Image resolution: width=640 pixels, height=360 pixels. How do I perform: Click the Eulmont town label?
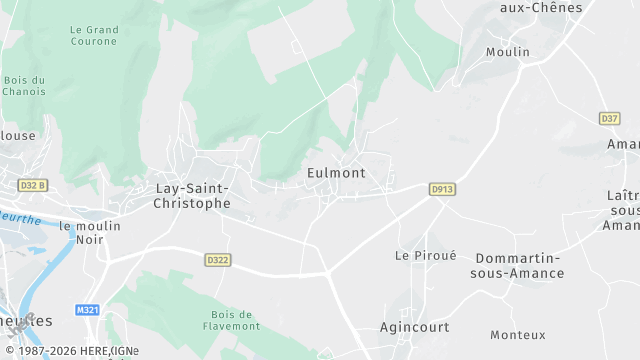335,173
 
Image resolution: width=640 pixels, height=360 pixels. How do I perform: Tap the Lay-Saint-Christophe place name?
193,195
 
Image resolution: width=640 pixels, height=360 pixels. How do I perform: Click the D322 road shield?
218,260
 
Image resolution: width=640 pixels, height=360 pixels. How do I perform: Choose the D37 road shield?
609,118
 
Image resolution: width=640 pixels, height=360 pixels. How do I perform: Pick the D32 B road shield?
33,185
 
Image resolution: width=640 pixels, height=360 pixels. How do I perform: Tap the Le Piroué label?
425,255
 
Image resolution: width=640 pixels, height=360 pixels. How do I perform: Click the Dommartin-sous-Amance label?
519,265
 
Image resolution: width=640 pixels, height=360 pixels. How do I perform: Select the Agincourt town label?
414,327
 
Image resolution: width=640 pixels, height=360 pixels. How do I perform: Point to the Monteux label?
518,334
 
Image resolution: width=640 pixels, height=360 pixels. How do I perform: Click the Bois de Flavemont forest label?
237,319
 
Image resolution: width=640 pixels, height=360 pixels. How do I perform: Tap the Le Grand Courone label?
94,36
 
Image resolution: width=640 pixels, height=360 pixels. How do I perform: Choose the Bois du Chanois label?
24,86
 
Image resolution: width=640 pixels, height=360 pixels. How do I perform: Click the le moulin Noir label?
82,233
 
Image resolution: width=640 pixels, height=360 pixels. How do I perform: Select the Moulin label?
507,52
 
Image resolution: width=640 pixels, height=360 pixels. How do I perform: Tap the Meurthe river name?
20,215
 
